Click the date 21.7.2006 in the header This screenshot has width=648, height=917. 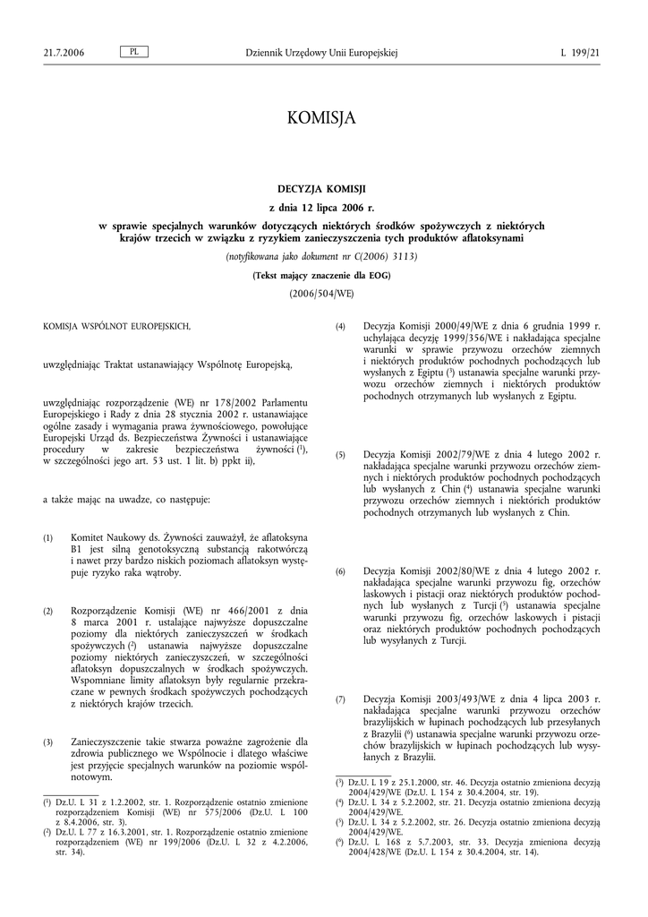(x=64, y=54)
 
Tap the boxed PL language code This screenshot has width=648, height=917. (x=133, y=53)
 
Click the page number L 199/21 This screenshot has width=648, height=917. (x=581, y=54)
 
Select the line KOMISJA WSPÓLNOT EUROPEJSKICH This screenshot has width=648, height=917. (x=117, y=327)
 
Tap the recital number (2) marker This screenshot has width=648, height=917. (x=48, y=611)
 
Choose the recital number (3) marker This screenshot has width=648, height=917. (x=48, y=742)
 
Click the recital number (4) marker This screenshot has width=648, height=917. (x=340, y=327)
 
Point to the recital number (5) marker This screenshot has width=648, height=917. (x=340, y=456)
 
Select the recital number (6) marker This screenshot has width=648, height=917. (x=340, y=571)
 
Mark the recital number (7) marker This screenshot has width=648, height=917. (x=340, y=699)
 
